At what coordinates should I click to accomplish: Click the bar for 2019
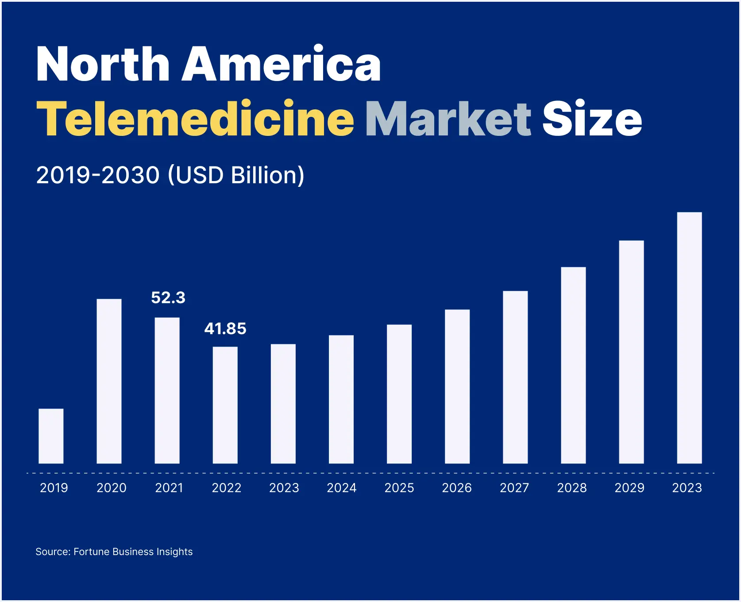pos(51,436)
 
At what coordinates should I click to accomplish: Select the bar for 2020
pos(109,381)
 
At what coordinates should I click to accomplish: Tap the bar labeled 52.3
pos(167,390)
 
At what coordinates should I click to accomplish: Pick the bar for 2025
pos(399,394)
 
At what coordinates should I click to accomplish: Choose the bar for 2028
pos(573,365)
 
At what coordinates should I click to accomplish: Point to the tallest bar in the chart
pos(689,338)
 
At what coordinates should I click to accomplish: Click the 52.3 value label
pos(168,297)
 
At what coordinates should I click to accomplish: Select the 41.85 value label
pos(225,328)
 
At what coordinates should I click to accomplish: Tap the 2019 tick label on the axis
pos(54,488)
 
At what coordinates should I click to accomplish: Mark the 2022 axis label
pos(227,488)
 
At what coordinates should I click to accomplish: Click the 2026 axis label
pos(457,488)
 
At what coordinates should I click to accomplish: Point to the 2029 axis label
pos(629,488)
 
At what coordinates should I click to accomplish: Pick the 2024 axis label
pos(342,488)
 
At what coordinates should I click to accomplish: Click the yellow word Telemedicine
pos(195,119)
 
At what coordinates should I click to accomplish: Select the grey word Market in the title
pos(448,119)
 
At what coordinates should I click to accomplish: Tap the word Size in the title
pos(592,119)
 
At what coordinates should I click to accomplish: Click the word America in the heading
pos(281,64)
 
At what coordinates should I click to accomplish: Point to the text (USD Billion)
pos(236,175)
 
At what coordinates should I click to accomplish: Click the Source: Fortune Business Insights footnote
pos(114,552)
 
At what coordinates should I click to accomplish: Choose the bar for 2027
pos(515,377)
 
